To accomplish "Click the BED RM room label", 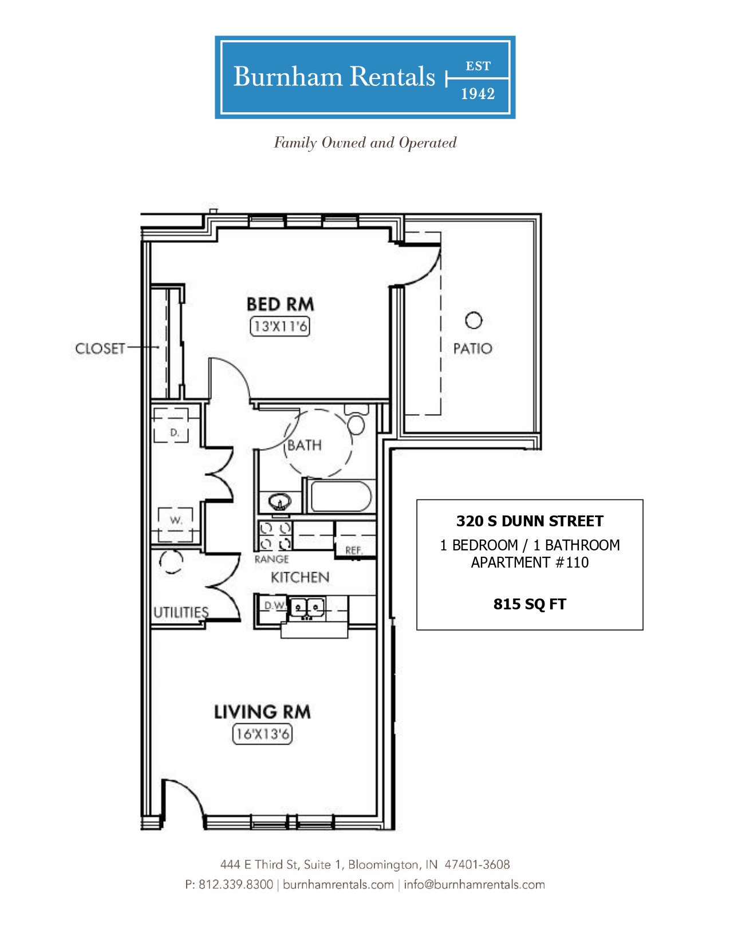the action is pyautogui.click(x=280, y=304).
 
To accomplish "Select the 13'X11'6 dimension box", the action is pyautogui.click(x=279, y=326).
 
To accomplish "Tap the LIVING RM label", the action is pyautogui.click(x=262, y=712).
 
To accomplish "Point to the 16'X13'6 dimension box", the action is pyautogui.click(x=262, y=734).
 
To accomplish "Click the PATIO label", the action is pyautogui.click(x=472, y=348).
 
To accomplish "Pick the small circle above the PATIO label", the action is pyautogui.click(x=473, y=321).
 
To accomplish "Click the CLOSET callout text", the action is pyautogui.click(x=100, y=348).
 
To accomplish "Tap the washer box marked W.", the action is pyautogui.click(x=175, y=524).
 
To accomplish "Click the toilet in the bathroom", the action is pyautogui.click(x=357, y=420).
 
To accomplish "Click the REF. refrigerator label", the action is pyautogui.click(x=354, y=550).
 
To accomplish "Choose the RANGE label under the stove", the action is pyautogui.click(x=272, y=559).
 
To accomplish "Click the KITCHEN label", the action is pyautogui.click(x=300, y=577).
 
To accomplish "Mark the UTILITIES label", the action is pyautogui.click(x=181, y=612).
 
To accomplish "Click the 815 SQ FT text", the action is pyautogui.click(x=530, y=604).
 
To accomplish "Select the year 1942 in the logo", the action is pyautogui.click(x=478, y=94).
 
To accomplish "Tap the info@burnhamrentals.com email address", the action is pyautogui.click(x=474, y=884).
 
